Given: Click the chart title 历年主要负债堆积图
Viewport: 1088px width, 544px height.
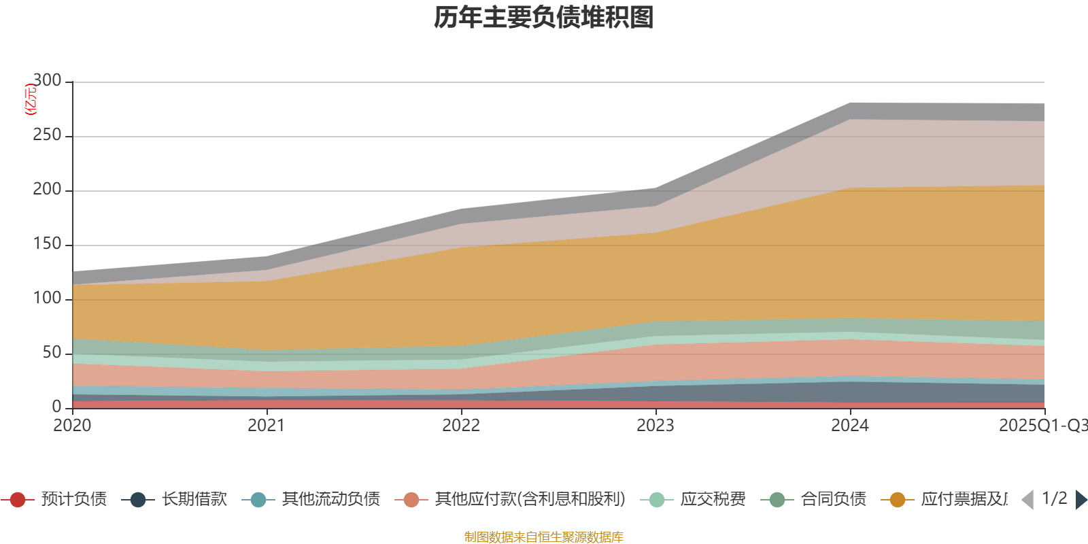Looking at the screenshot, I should point(544,18).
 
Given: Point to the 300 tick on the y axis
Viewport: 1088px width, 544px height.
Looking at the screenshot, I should point(47,81).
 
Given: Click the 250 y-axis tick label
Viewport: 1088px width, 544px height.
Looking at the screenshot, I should point(47,135).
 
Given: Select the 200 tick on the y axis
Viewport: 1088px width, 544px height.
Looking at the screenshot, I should point(47,190).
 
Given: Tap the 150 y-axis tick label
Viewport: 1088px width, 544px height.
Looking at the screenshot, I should point(47,244).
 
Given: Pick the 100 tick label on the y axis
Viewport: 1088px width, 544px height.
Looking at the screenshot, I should point(47,299).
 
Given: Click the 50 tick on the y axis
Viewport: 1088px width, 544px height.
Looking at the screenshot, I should point(52,353).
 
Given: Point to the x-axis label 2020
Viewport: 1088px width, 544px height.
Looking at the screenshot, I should point(72,426).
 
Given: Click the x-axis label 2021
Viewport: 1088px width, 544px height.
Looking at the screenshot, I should point(267,426).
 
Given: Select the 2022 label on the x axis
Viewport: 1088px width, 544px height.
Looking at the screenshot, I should point(461,426).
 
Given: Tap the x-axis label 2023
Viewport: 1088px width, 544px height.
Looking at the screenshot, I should point(656,426).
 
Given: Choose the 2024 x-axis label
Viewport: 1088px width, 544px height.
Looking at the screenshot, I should point(850,426).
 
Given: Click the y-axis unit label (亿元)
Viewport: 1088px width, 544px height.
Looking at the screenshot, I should point(31,99).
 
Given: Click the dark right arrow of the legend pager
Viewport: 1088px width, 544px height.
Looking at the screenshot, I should point(1081,500).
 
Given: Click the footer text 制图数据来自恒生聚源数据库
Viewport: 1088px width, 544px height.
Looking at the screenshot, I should point(544,537).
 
